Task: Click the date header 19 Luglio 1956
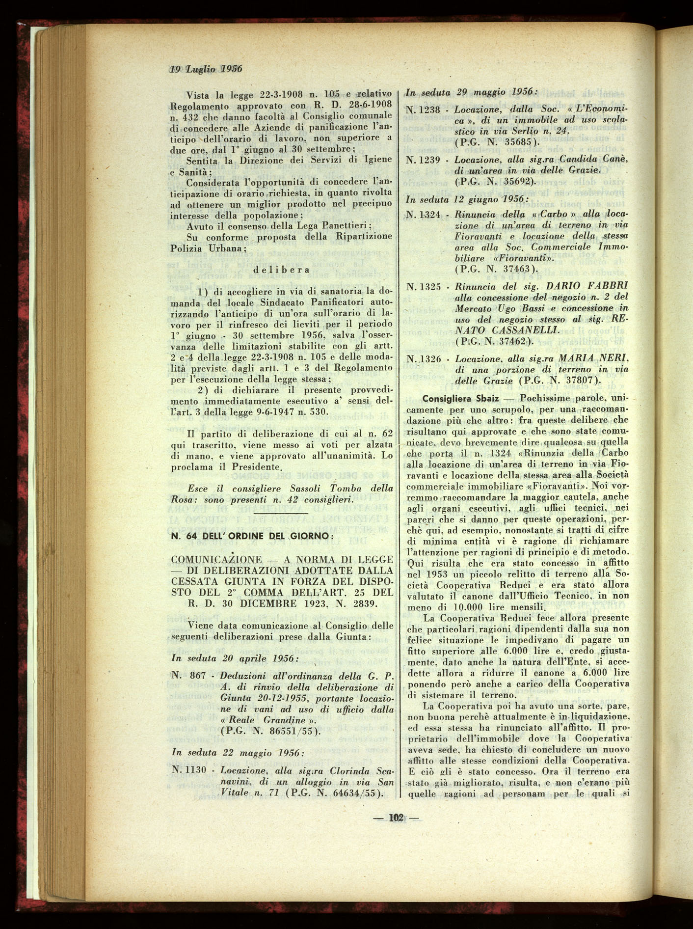[206, 69]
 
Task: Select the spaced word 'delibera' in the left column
[281, 270]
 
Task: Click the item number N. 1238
[423, 109]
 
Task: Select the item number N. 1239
[423, 160]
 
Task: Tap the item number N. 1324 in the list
[423, 215]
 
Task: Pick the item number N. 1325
[423, 286]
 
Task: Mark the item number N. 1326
[423, 359]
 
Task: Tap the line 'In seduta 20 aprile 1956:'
[234, 658]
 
